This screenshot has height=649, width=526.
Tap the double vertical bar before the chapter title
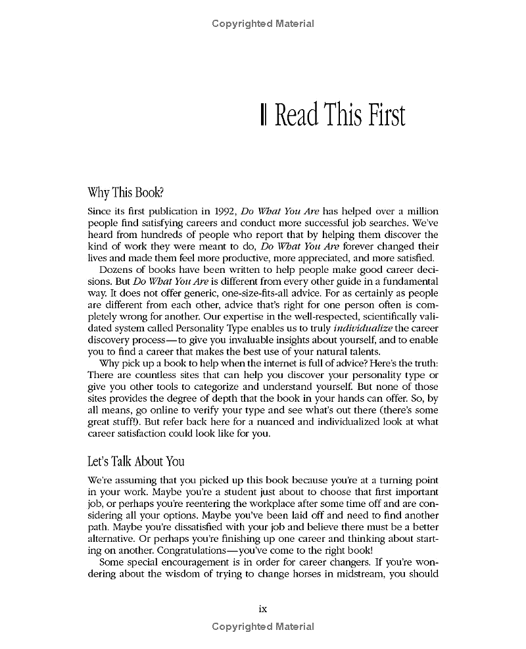click(263, 115)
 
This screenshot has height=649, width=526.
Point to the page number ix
click(263, 609)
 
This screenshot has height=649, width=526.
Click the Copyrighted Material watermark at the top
click(263, 24)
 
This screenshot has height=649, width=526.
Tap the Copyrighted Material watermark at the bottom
click(263, 627)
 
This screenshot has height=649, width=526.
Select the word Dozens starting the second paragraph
click(116, 270)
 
